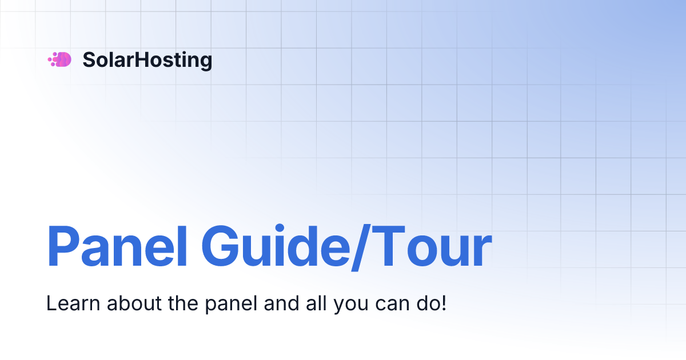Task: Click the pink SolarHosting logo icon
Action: tap(59, 59)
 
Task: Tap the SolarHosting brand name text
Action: tap(147, 60)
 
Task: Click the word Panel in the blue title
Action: tap(117, 247)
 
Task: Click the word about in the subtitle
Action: tap(122, 303)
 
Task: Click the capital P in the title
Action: tap(62, 247)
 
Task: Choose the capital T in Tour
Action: tap(388, 247)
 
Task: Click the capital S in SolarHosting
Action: tap(89, 60)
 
